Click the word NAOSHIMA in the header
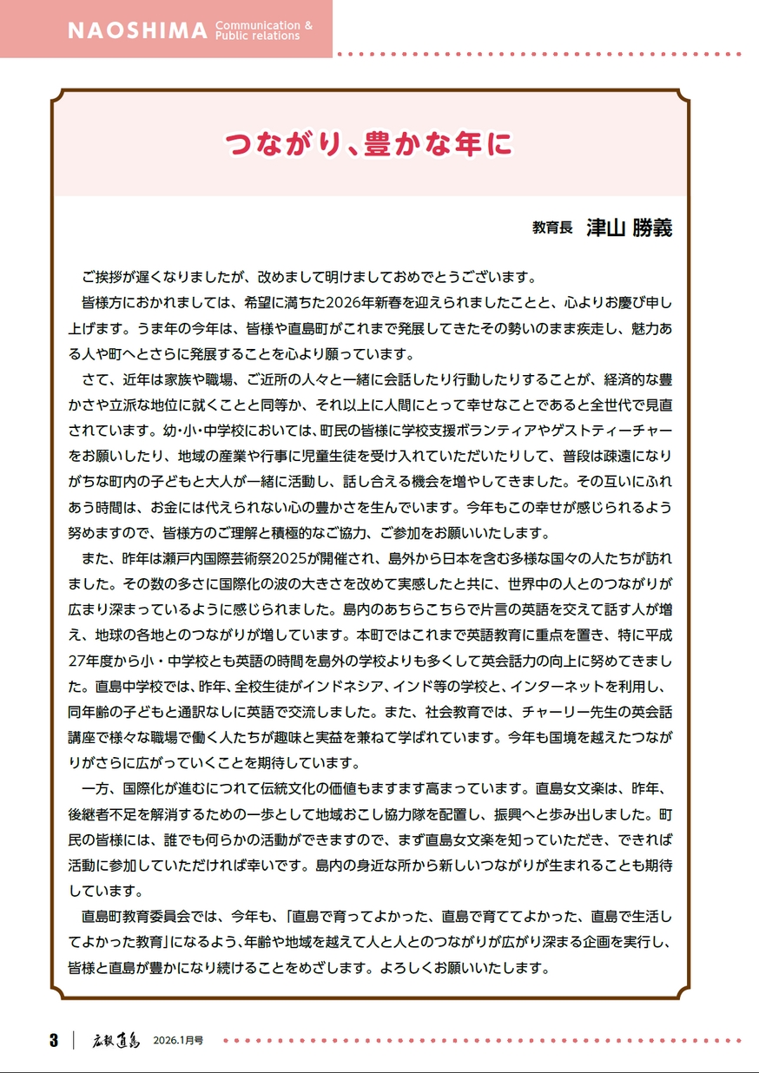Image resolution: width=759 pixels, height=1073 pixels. click(137, 30)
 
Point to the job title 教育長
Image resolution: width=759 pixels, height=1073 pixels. click(552, 227)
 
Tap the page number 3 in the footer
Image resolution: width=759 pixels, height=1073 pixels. click(53, 1040)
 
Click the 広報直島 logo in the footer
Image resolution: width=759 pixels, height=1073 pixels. click(116, 1040)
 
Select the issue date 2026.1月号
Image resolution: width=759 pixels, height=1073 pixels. click(178, 1040)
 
